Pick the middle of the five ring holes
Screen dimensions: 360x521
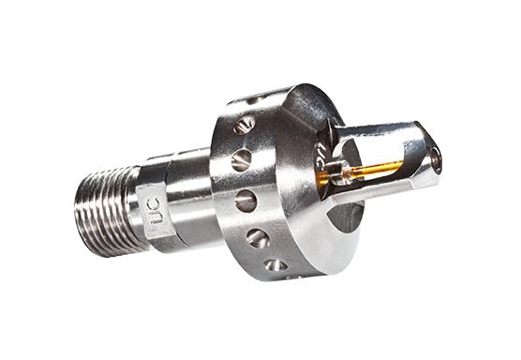[x=246, y=200]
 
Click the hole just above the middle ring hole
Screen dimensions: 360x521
[x=241, y=160]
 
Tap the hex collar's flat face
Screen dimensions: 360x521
[x=150, y=212]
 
